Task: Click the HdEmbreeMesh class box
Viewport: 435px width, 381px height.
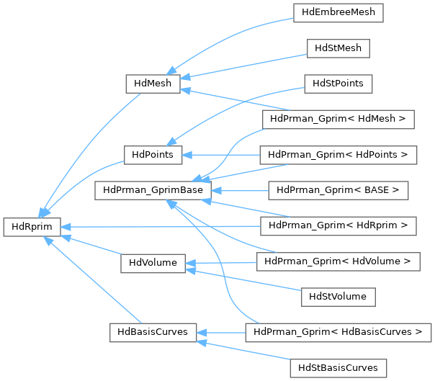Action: point(338,13)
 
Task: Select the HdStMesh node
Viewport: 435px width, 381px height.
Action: point(338,48)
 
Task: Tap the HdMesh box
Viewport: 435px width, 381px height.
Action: point(152,84)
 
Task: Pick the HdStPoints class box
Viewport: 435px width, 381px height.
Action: point(338,84)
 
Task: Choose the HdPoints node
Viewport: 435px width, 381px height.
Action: point(152,154)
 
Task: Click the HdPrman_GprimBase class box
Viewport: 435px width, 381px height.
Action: point(152,190)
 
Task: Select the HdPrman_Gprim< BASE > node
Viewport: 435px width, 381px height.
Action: point(338,190)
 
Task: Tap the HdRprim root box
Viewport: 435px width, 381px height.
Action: point(31,225)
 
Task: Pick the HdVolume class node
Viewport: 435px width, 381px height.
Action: point(152,261)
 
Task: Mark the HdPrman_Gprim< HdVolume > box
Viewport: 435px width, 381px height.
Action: point(338,261)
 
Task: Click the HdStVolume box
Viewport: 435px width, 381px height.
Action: point(338,296)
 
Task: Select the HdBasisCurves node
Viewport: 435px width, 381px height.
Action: point(152,332)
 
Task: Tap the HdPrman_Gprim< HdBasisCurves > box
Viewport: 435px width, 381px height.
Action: point(338,332)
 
